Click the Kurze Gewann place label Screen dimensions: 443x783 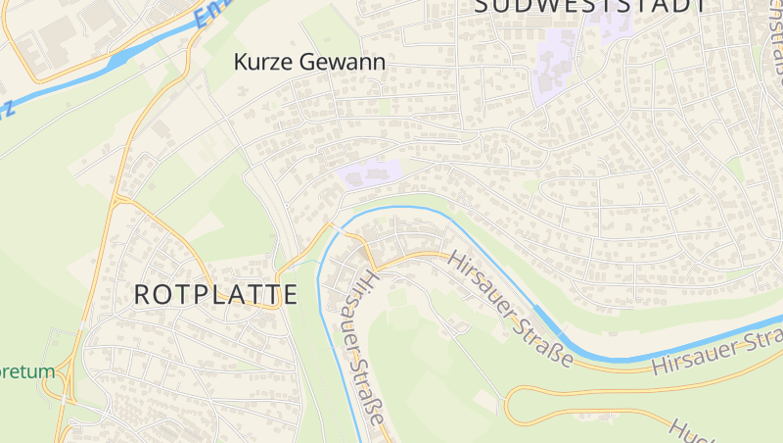tap(309, 62)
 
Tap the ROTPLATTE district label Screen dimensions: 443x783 tap(215, 293)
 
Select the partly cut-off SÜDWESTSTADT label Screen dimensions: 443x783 tap(591, 6)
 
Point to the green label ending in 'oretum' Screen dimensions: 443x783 tap(27, 371)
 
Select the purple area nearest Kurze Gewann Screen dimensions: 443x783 tap(369, 173)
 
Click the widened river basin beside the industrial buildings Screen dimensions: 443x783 tap(117, 61)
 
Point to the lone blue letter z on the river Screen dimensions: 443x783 tap(8, 109)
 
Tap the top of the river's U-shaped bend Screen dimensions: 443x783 tap(391, 208)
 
